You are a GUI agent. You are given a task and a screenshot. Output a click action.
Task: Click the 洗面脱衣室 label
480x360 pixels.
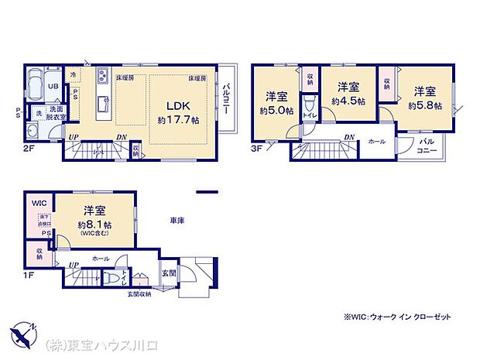(57, 113)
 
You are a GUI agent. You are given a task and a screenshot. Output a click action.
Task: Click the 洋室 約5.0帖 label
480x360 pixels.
(277, 103)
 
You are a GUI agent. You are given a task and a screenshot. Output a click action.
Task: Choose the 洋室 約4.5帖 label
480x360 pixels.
(345, 94)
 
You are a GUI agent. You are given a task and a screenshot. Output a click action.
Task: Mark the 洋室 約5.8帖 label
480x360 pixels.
(426, 98)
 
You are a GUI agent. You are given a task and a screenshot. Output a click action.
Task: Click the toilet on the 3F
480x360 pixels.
(308, 105)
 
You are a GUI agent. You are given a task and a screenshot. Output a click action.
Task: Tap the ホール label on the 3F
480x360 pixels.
(376, 142)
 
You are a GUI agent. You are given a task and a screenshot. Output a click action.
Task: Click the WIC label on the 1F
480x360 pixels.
(39, 203)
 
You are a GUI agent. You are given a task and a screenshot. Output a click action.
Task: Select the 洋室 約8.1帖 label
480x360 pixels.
(94, 216)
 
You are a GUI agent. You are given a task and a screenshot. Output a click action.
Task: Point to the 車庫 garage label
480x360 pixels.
(177, 221)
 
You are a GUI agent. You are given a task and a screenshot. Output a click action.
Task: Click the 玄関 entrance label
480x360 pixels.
(169, 272)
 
